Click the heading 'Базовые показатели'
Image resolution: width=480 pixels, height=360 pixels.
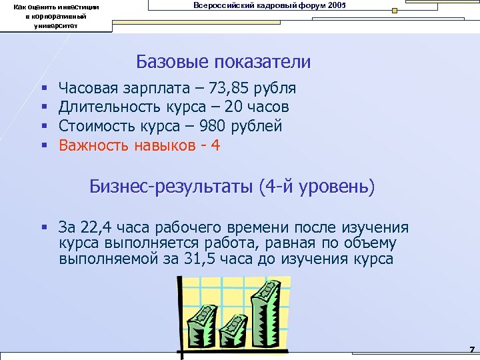[x=223, y=62]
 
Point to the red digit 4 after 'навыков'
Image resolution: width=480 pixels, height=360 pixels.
[x=215, y=145]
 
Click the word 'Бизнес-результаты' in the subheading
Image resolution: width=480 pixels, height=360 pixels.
[x=171, y=187]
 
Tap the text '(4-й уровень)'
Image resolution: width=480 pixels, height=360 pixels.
[x=316, y=187]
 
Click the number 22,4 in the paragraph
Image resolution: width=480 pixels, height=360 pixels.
[x=97, y=227]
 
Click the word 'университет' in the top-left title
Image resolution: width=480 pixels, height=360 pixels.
[x=57, y=25]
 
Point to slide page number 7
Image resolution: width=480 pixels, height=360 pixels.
[x=471, y=349]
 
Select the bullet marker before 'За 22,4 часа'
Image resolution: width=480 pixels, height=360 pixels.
[x=44, y=228]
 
